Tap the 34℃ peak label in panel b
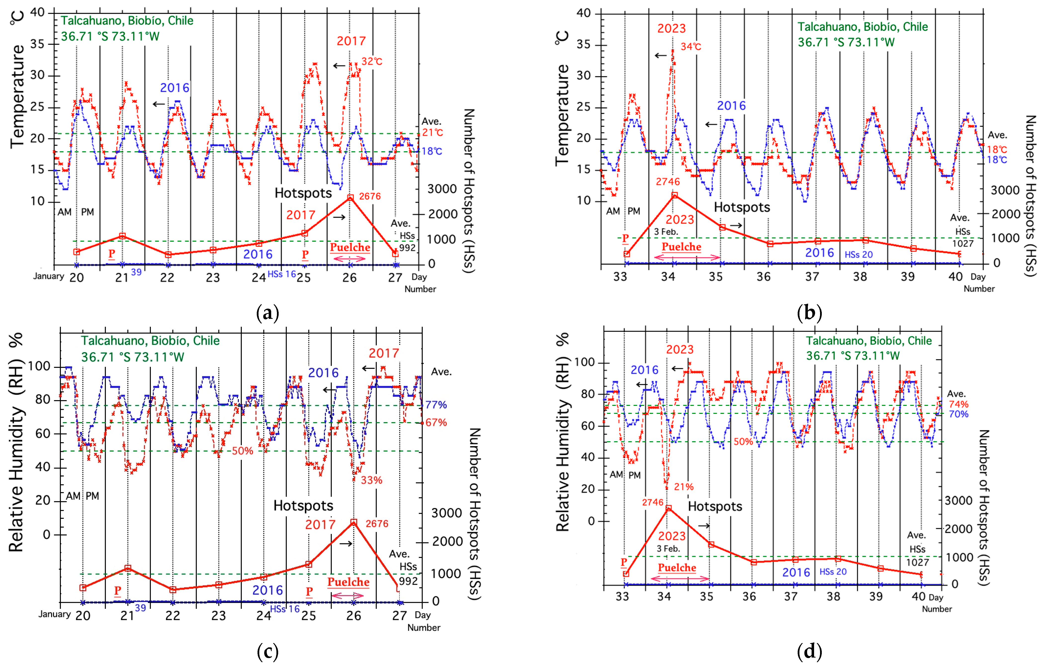[x=691, y=47]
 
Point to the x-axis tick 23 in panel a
[x=213, y=278]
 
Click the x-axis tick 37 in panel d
[x=791, y=596]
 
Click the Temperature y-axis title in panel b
[x=562, y=115]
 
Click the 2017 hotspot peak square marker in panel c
[x=354, y=522]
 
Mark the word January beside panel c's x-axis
[x=54, y=614]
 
